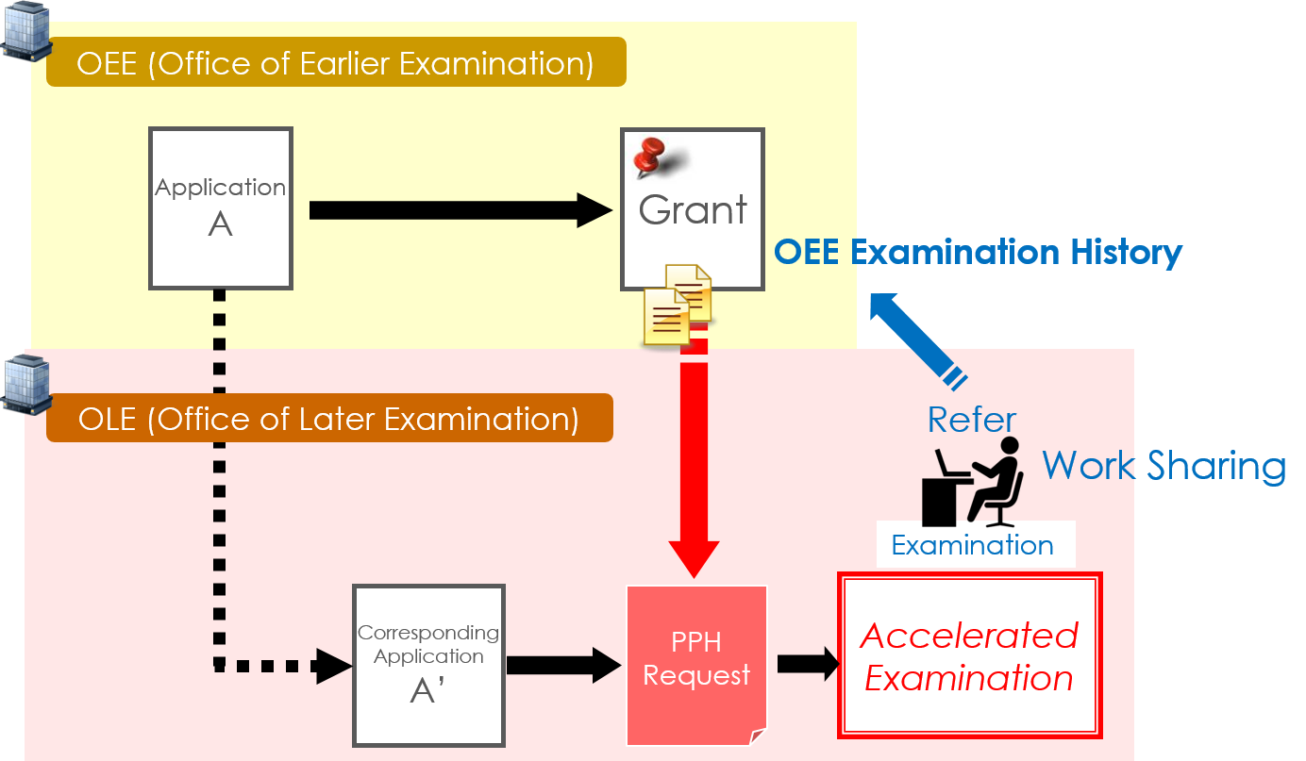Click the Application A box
[221, 208]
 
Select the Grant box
[692, 209]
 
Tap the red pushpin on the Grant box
[649, 157]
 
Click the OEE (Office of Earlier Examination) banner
[336, 62]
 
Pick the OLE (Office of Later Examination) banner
[329, 419]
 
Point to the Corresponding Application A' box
[428, 665]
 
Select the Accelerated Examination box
[969, 656]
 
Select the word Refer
[972, 420]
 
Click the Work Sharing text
[1163, 466]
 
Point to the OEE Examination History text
[978, 253]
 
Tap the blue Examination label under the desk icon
[972, 545]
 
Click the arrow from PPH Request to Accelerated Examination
[808, 664]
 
